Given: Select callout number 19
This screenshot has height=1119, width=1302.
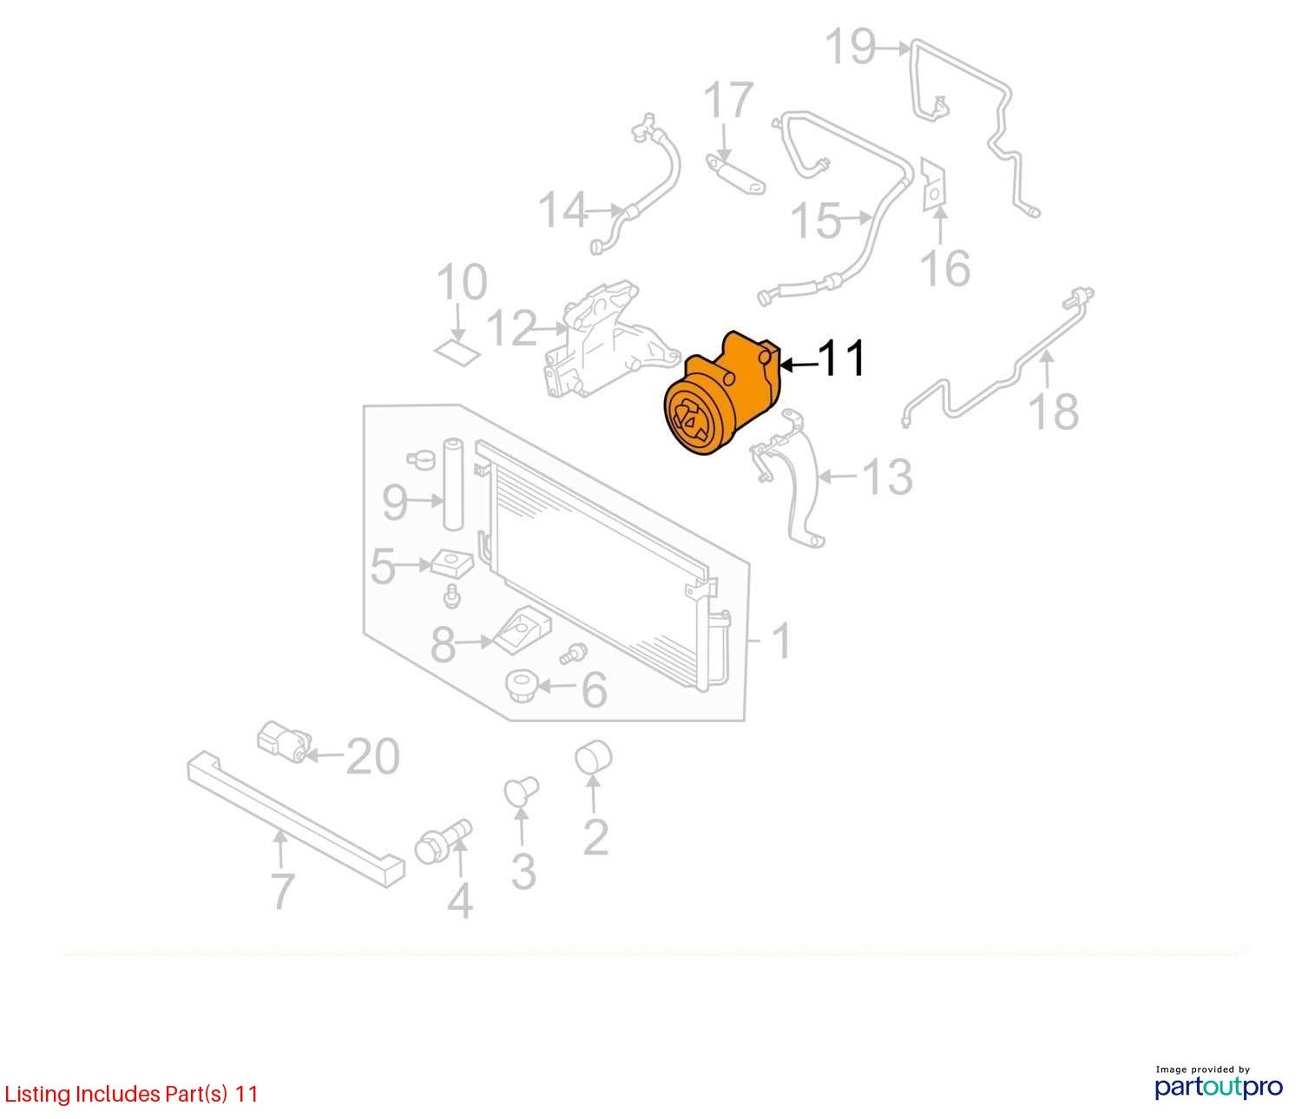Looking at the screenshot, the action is coord(850,46).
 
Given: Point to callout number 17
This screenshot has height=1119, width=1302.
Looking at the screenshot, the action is coord(728,100).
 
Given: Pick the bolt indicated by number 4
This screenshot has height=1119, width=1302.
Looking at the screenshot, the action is coord(444,840).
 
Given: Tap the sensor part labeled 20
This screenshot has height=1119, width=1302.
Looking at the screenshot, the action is coord(284,741).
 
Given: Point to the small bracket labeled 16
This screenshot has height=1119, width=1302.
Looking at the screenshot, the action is coord(934,185).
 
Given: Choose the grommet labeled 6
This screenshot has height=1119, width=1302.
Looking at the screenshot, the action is coord(522,687).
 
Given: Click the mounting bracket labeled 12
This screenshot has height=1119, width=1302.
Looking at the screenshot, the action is coord(609,340).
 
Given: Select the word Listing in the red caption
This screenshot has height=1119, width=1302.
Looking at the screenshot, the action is coord(37,1094).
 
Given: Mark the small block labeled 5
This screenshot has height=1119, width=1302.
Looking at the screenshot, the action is coord(451,562).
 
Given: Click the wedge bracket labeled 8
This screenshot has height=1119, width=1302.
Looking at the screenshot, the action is coord(523,628).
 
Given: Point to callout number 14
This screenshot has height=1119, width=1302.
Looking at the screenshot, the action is coord(563,210).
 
